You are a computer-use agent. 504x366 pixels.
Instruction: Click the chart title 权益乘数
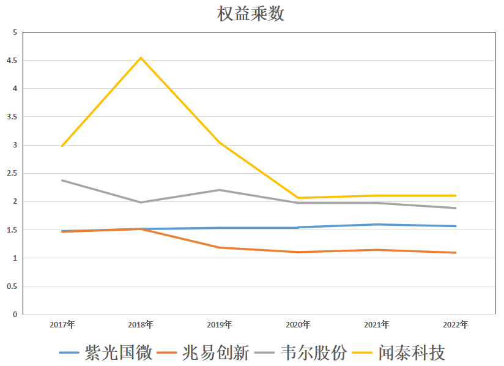click(251, 13)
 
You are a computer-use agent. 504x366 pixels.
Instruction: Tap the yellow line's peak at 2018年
click(141, 58)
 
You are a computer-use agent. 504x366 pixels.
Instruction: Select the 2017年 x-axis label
click(62, 324)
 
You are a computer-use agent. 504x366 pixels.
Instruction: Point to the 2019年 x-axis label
click(220, 324)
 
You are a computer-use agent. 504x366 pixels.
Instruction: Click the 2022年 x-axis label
click(455, 324)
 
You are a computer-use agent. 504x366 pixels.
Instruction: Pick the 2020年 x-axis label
click(298, 324)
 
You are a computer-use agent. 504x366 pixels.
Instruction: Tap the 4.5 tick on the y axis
click(12, 61)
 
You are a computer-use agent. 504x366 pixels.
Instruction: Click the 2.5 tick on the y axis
click(12, 173)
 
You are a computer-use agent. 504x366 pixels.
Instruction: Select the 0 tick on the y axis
click(15, 315)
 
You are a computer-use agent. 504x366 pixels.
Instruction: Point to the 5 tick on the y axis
click(15, 32)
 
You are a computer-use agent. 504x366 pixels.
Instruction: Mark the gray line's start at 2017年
click(62, 181)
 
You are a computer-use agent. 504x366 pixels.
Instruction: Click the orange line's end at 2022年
click(455, 253)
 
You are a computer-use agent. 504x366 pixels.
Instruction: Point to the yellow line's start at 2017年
click(62, 146)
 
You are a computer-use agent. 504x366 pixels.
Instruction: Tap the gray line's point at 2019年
click(220, 190)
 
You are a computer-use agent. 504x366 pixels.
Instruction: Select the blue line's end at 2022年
click(455, 226)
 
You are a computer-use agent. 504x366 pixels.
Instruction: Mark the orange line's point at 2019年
click(220, 247)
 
